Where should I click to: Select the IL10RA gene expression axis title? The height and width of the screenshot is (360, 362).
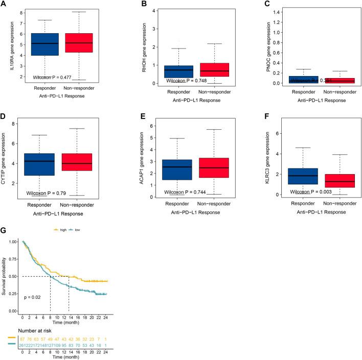click(9, 43)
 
